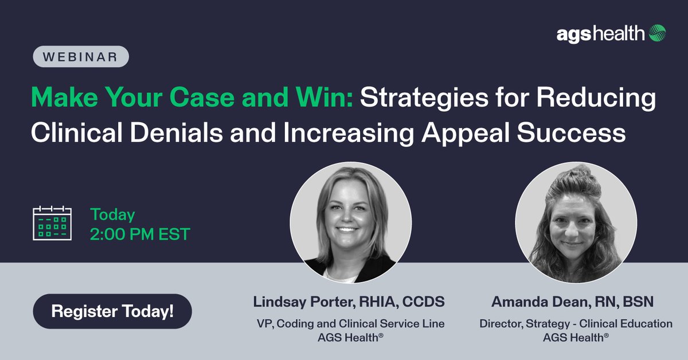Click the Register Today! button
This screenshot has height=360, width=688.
pos(112,312)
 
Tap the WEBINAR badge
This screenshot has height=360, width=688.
pos(80,57)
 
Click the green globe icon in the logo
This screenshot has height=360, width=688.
pos(658,34)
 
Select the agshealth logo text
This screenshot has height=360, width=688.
pos(601,34)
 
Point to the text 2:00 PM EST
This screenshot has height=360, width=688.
pos(140,234)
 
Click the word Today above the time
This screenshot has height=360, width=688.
pos(112,215)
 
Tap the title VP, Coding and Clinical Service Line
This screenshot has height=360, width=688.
pos(350,324)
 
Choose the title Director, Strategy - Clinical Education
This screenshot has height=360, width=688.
pos(576,324)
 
